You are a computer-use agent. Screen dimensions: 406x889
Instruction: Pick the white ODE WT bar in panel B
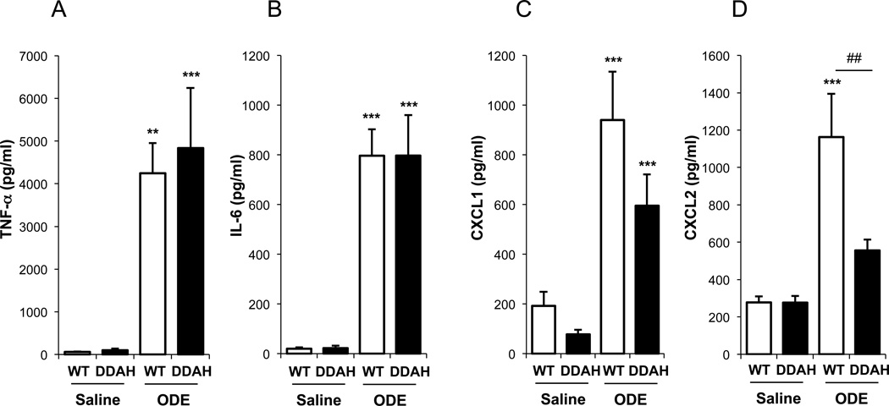pyautogui.click(x=372, y=255)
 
